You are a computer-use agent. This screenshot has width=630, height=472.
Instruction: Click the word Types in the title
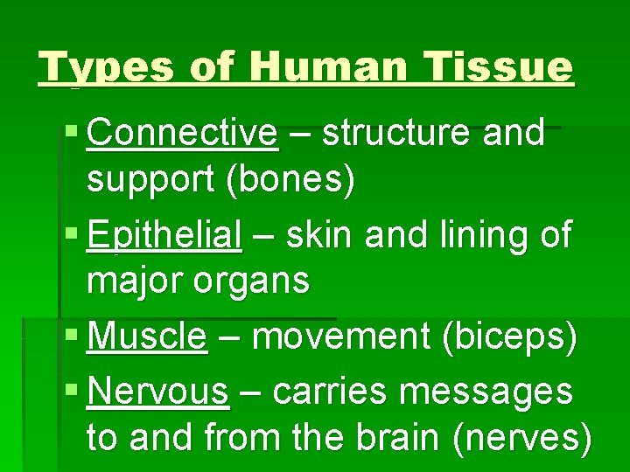pyautogui.click(x=86, y=66)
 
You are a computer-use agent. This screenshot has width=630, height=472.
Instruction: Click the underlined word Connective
pyautogui.click(x=183, y=134)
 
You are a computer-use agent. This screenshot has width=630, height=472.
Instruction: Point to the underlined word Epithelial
pyautogui.click(x=164, y=236)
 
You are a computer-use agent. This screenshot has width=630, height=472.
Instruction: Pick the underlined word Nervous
pyautogui.click(x=158, y=392)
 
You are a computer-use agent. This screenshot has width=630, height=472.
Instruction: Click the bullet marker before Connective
pyautogui.click(x=72, y=135)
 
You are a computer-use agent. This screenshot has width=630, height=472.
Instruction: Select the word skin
pyautogui.click(x=320, y=236)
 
